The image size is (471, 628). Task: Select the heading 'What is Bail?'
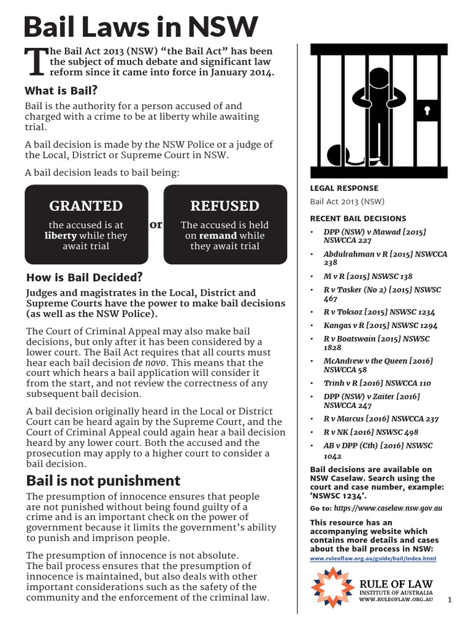(x=61, y=91)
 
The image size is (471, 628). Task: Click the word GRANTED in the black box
(x=86, y=205)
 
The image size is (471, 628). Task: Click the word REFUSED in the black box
(x=224, y=205)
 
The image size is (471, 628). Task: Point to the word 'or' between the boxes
(x=156, y=224)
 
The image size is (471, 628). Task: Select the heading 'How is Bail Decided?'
(x=83, y=277)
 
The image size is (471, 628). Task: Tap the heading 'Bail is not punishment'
(x=102, y=480)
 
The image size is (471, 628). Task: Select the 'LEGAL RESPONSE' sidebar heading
(x=344, y=188)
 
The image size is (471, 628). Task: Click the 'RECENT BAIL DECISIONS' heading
(x=358, y=218)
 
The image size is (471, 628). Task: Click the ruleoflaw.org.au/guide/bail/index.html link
(x=373, y=559)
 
